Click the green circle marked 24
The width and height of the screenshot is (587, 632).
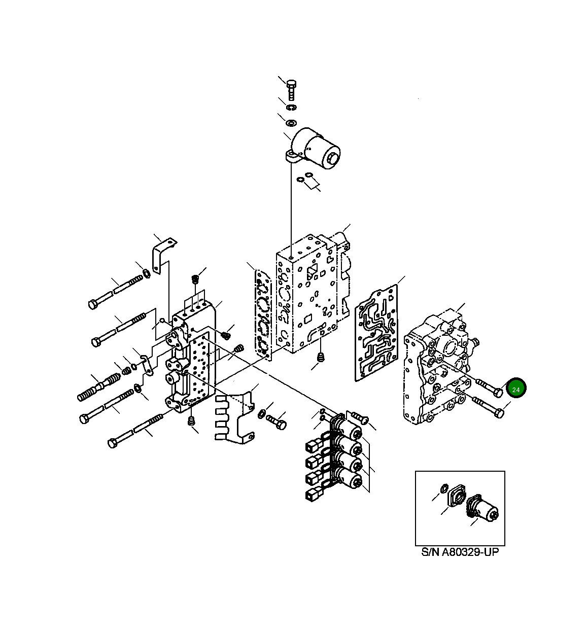516,388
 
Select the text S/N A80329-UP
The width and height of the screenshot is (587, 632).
460,552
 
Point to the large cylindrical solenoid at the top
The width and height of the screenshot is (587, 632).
315,149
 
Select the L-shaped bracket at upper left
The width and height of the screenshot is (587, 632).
164,255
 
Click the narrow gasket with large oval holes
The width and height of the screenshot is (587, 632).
263,315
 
